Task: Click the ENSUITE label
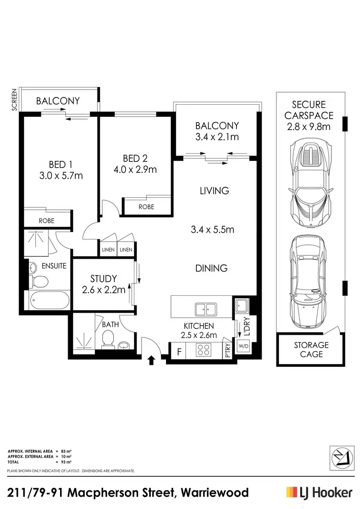[53, 265]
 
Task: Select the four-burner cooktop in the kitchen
[204, 351]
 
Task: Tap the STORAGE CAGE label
[311, 350]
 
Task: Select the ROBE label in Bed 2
[146, 207]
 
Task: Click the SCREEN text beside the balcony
[14, 100]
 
